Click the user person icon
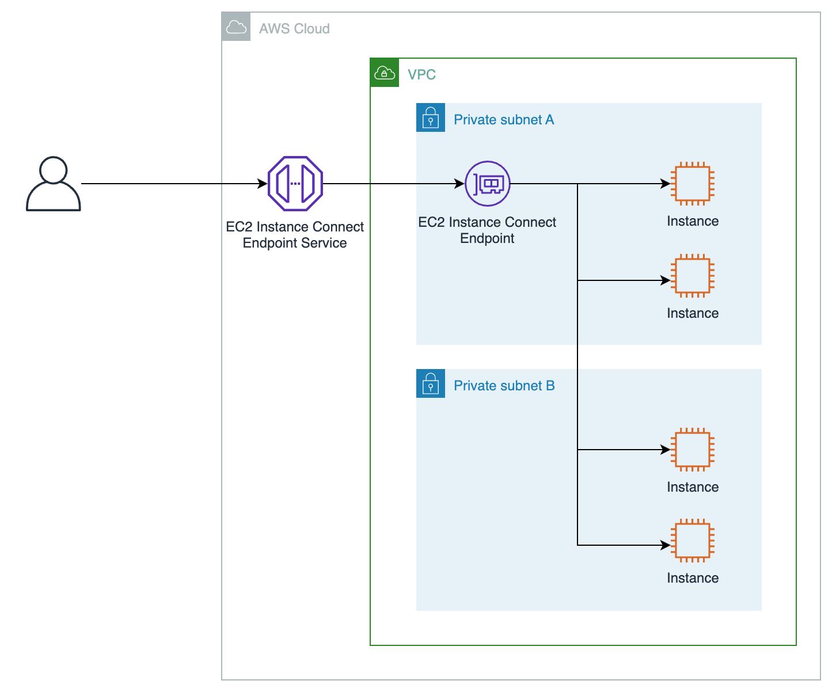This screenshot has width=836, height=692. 53,184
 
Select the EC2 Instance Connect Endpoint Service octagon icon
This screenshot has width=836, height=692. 295,184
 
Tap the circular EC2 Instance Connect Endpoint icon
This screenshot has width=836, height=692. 488,184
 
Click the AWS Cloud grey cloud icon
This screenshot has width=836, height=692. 236,27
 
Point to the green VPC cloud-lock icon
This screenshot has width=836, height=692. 385,73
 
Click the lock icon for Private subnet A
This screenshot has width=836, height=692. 431,118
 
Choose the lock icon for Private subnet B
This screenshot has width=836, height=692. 431,384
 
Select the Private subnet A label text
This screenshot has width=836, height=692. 504,120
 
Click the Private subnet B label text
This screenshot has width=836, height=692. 504,386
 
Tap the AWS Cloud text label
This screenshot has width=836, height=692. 294,29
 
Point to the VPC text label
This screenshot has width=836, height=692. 421,75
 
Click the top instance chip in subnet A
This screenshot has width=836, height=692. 693,184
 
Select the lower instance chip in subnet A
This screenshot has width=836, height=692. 693,276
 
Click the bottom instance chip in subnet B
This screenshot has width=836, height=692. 693,541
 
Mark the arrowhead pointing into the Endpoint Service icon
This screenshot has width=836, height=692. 263,184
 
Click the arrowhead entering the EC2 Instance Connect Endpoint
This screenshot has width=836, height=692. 459,184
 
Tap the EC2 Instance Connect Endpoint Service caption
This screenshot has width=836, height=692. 295,235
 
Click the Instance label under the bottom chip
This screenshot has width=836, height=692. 693,578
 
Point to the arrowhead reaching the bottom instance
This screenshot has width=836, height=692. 666,545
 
